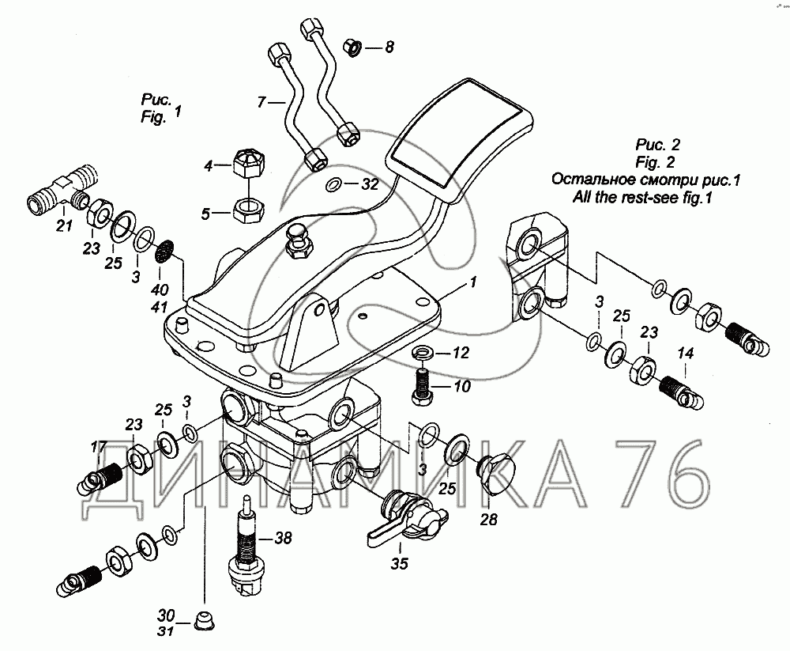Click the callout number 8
389,47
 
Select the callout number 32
370,184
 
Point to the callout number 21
64,228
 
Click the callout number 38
282,538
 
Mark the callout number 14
684,354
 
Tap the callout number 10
461,387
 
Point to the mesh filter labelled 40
164,253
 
